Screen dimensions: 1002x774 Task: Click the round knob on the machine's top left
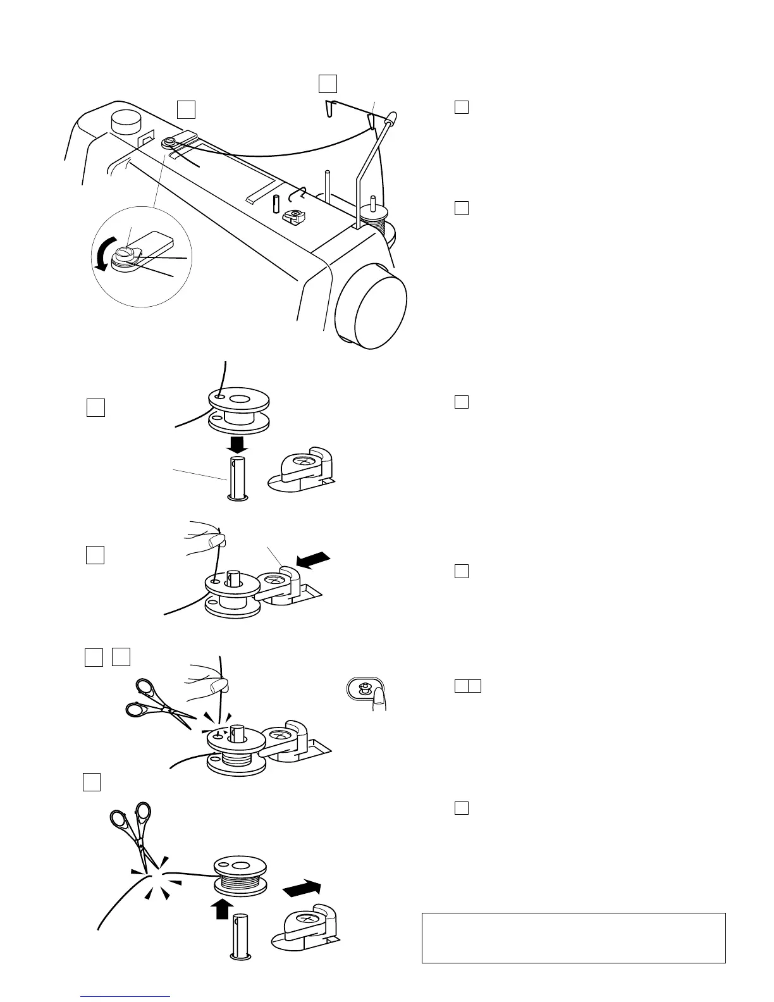tap(124, 121)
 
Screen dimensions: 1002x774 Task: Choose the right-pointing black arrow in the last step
tap(302, 889)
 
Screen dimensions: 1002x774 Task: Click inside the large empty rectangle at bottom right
tap(573, 937)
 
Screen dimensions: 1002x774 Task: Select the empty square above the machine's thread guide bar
tap(327, 83)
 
